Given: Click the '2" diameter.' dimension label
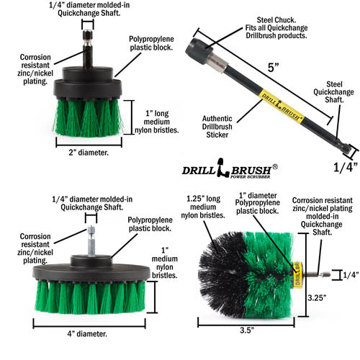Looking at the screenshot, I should tap(84, 153).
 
